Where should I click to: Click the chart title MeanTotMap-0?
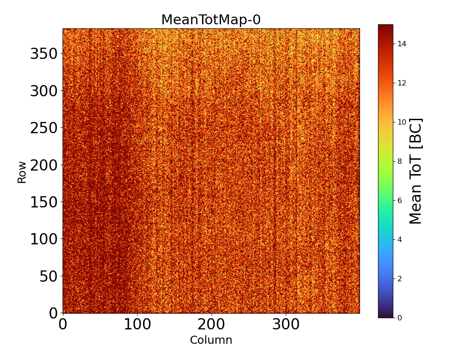coord(211,20)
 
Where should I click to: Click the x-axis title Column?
coord(211,340)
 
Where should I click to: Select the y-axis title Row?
coord(22,172)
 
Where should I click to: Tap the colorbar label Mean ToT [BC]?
coord(416,171)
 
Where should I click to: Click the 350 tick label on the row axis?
coord(44,54)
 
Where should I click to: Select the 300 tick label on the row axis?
coord(44,91)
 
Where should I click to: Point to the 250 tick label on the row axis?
coord(44,128)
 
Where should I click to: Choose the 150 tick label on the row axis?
coord(44,202)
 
